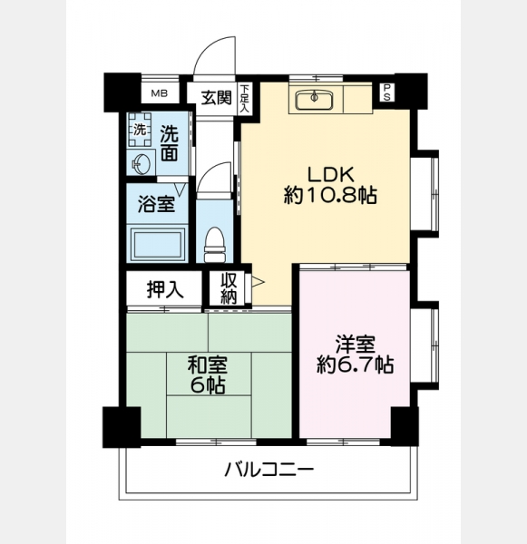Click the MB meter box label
pyautogui.click(x=160, y=93)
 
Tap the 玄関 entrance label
pyautogui.click(x=217, y=97)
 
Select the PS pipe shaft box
pyautogui.click(x=386, y=92)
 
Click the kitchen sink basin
pyautogui.click(x=315, y=100)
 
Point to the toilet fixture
pyautogui.click(x=215, y=244)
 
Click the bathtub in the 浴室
pyautogui.click(x=157, y=245)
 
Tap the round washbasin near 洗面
pyautogui.click(x=141, y=162)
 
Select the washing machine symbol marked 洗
pyautogui.click(x=140, y=130)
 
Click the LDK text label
pyautogui.click(x=331, y=174)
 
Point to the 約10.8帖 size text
pyautogui.click(x=330, y=195)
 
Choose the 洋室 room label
pyautogui.click(x=356, y=344)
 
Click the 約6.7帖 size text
pyautogui.click(x=356, y=365)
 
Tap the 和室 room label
pyautogui.click(x=208, y=364)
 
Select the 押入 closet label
pyautogui.click(x=165, y=290)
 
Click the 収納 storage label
pyautogui.click(x=229, y=288)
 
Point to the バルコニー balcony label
pyautogui.click(x=269, y=470)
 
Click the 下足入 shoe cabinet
pyautogui.click(x=245, y=98)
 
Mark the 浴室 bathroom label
pyautogui.click(x=156, y=204)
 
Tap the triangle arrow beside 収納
pyautogui.click(x=258, y=282)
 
